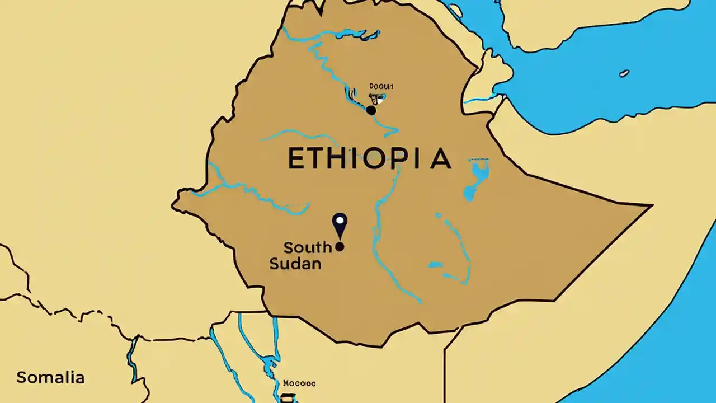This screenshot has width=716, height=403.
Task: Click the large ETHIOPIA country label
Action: coord(369,159)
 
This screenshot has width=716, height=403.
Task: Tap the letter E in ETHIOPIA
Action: coord(296,159)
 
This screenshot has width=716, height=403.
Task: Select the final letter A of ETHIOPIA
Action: coord(440,159)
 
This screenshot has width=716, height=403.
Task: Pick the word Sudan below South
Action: coord(295,263)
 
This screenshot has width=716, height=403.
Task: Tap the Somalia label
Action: coord(50,377)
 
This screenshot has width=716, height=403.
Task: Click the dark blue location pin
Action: coord(340,225)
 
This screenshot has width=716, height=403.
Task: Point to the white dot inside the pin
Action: coord(340,220)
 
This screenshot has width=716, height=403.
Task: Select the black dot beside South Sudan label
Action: coord(340,246)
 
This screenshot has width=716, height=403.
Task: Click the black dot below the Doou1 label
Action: coord(371,110)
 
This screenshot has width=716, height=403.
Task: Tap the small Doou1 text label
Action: coord(382,86)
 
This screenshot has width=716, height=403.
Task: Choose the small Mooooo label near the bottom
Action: coord(299,383)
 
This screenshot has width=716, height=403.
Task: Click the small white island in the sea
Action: coord(624,73)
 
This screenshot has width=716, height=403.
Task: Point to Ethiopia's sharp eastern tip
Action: coord(651,206)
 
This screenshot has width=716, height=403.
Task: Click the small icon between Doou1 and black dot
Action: coord(376,99)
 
